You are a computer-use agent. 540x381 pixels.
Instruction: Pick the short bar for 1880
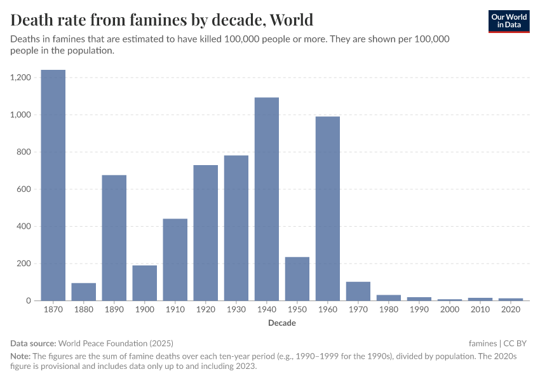[x=84, y=292]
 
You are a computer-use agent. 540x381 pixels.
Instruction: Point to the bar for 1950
[x=297, y=279]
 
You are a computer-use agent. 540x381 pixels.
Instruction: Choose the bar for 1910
[x=175, y=260]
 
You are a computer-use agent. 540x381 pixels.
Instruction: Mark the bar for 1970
[x=358, y=291]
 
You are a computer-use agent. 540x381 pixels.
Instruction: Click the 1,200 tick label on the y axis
[x=21, y=77]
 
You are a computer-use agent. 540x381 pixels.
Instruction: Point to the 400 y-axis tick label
[x=25, y=226]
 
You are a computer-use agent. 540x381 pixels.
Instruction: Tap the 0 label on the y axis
[x=29, y=300]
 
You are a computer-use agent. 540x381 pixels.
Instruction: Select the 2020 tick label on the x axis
[x=511, y=311]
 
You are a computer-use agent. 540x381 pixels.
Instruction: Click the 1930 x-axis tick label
[x=236, y=311]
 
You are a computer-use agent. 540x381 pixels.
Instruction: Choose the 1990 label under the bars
[x=419, y=311]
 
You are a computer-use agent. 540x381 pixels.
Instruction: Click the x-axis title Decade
[x=281, y=323]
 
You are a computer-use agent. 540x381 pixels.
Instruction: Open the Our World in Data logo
[x=509, y=21]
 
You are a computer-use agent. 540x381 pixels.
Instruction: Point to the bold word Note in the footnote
[x=21, y=357]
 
